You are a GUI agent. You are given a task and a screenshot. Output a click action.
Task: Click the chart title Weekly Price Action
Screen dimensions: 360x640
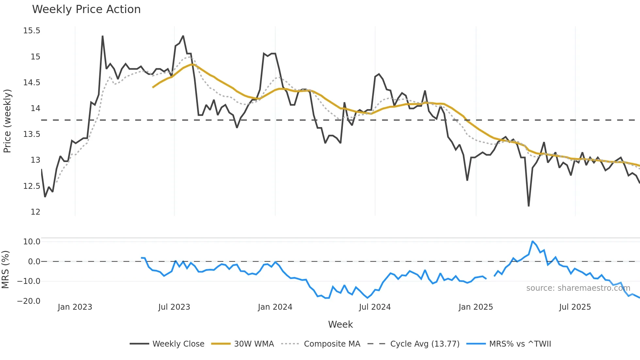(86, 9)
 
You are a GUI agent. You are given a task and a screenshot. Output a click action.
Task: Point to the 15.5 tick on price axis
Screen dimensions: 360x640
(32, 31)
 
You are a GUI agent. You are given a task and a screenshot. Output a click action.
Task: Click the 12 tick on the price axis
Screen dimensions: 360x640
(35, 212)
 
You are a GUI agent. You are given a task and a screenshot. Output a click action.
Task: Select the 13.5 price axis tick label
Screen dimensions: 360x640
(32, 134)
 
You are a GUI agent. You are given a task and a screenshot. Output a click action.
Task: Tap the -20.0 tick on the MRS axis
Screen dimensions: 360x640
(29, 301)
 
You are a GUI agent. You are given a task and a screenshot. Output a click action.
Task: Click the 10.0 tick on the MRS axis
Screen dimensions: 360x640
(32, 242)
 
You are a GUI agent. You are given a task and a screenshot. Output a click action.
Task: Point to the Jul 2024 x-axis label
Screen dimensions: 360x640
(375, 307)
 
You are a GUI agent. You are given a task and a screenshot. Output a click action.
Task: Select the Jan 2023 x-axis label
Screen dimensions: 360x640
(75, 307)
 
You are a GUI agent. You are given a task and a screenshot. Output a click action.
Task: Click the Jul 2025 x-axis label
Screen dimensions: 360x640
(575, 307)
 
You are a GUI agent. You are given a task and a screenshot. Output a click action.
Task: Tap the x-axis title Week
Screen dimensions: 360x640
(340, 324)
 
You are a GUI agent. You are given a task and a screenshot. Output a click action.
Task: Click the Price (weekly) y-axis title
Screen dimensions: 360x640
(7, 121)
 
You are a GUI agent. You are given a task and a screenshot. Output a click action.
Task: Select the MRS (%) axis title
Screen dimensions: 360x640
(5, 270)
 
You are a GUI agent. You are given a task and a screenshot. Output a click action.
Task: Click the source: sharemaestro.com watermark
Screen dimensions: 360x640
(578, 288)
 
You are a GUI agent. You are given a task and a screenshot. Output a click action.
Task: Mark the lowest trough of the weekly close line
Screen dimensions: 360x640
(528, 206)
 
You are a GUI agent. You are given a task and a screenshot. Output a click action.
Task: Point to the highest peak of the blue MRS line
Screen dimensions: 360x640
(532, 241)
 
